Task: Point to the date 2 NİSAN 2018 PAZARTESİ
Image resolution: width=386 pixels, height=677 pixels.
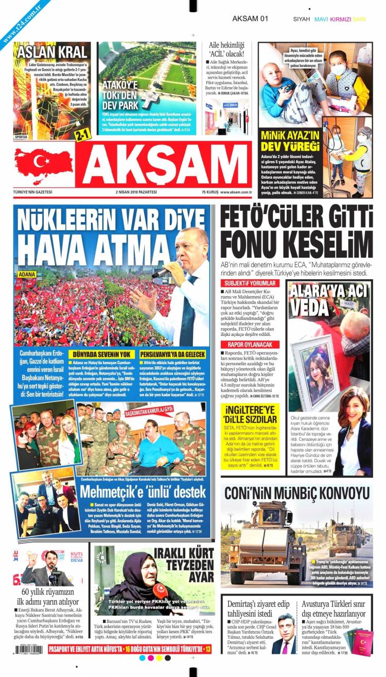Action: coord(136,192)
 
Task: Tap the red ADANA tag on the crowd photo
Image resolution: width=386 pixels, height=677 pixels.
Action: coord(27,274)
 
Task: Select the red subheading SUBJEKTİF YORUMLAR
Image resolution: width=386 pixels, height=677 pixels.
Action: coord(250,283)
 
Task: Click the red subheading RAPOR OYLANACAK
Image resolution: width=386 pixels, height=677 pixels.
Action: coord(250,344)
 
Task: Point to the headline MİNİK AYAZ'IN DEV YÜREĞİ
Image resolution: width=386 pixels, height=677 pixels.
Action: coord(290,142)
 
